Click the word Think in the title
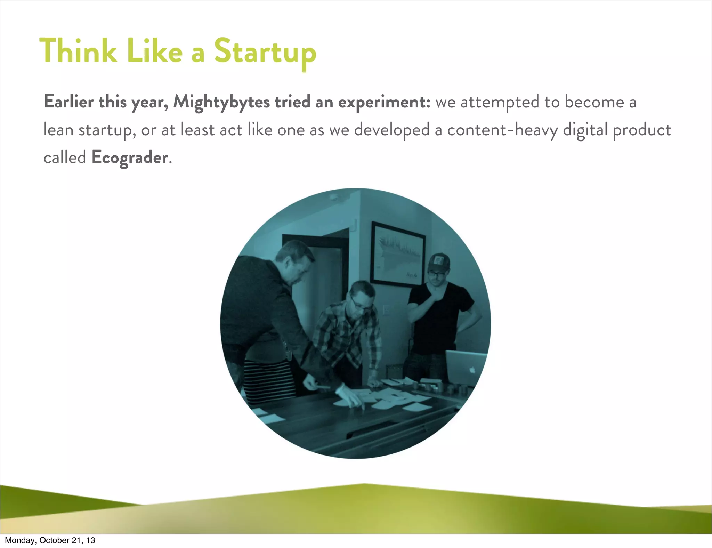pos(78,51)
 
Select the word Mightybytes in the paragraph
pos(221,102)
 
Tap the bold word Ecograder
pos(130,158)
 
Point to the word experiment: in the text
pos(384,102)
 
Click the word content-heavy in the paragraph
pos(502,130)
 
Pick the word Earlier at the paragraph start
pos(69,102)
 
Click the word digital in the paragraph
pos(585,130)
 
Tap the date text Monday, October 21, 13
pos(50,540)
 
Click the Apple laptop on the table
pos(466,367)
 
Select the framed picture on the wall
pos(398,254)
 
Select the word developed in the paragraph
pos(392,130)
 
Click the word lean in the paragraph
pos(58,130)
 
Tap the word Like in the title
pos(154,51)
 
